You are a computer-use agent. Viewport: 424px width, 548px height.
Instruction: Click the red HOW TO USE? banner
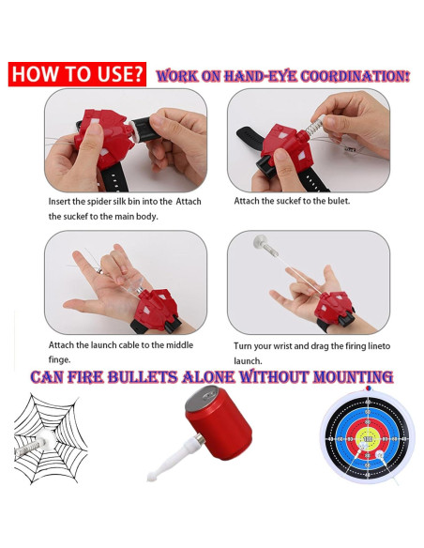click(77, 74)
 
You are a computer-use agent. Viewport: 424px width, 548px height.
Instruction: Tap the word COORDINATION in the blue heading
click(355, 76)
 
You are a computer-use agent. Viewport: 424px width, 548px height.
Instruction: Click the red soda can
click(219, 422)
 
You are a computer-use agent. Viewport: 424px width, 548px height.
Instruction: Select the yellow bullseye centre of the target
click(368, 438)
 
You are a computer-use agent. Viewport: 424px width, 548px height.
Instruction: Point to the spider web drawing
click(51, 438)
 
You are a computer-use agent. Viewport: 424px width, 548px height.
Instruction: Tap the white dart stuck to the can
click(174, 459)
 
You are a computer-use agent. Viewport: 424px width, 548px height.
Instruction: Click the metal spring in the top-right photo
click(315, 127)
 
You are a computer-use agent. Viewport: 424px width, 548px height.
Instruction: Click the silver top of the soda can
click(203, 399)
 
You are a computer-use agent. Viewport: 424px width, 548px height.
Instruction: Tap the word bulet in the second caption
click(341, 201)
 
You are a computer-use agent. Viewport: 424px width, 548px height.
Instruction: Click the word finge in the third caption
click(59, 359)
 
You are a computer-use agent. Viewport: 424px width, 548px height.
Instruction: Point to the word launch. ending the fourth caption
click(248, 360)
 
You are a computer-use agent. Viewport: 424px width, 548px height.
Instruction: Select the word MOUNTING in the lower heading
click(354, 377)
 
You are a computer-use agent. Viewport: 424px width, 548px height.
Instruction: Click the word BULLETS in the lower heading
click(143, 377)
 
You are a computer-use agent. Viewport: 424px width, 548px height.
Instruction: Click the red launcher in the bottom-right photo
click(334, 309)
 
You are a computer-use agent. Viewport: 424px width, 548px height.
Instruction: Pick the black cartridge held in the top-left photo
click(143, 129)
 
